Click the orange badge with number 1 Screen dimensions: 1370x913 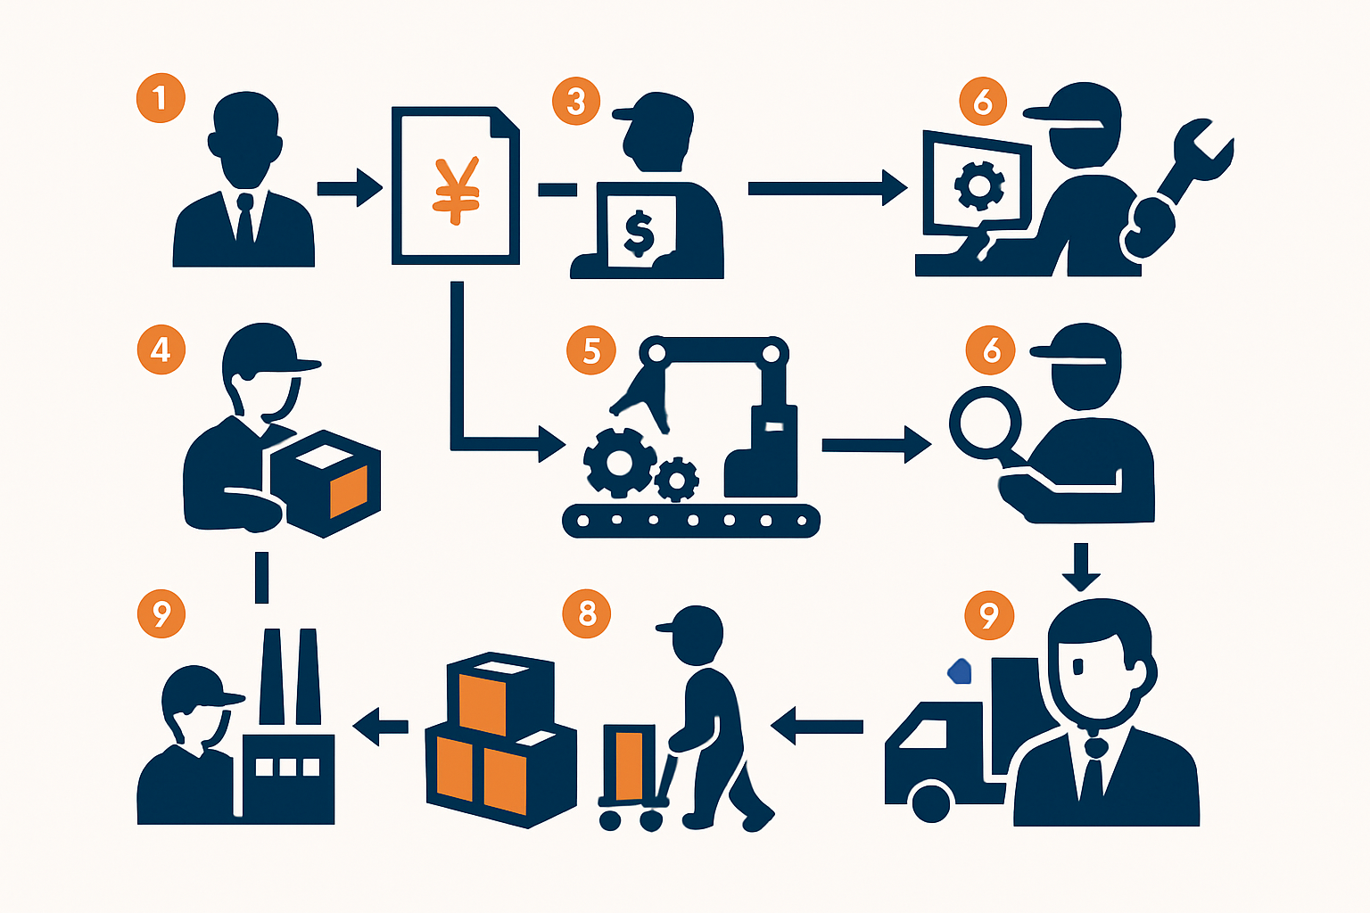[x=161, y=98]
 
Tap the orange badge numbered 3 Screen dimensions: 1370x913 [x=576, y=102]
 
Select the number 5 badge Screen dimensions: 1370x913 [x=590, y=350]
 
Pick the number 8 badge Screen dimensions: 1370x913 [x=587, y=613]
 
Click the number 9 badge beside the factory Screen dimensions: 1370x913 [x=161, y=614]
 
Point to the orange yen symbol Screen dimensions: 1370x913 [x=456, y=192]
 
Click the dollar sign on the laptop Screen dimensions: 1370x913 [x=640, y=234]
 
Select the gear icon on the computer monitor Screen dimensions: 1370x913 [x=979, y=185]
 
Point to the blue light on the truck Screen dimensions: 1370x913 [x=959, y=671]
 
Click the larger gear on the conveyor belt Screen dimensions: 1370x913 [x=620, y=463]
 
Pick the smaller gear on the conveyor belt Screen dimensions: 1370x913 [x=677, y=480]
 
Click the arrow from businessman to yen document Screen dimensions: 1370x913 [x=350, y=188]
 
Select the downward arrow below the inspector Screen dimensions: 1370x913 [x=1081, y=567]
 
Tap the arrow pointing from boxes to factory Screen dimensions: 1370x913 [x=381, y=727]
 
